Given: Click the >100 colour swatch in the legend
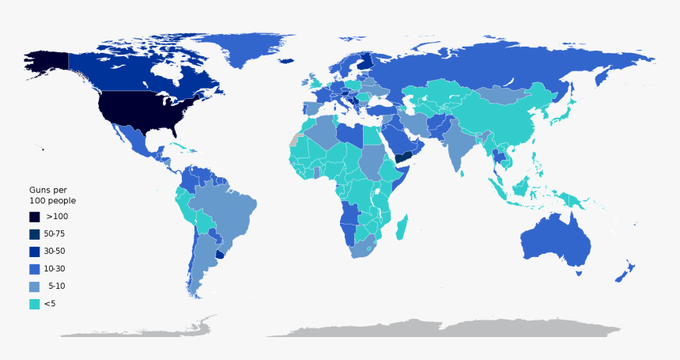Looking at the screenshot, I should (x=35, y=216).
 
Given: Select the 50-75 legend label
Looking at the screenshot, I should (x=55, y=233).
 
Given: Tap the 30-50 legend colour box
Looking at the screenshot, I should (x=35, y=251).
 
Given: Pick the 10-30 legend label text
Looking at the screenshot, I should (x=55, y=268).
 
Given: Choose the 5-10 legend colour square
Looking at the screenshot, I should (x=35, y=286).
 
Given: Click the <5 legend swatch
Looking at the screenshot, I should (x=35, y=303).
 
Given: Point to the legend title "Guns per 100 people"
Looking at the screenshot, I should (x=52, y=195).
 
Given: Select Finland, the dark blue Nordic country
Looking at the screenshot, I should (x=365, y=62).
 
